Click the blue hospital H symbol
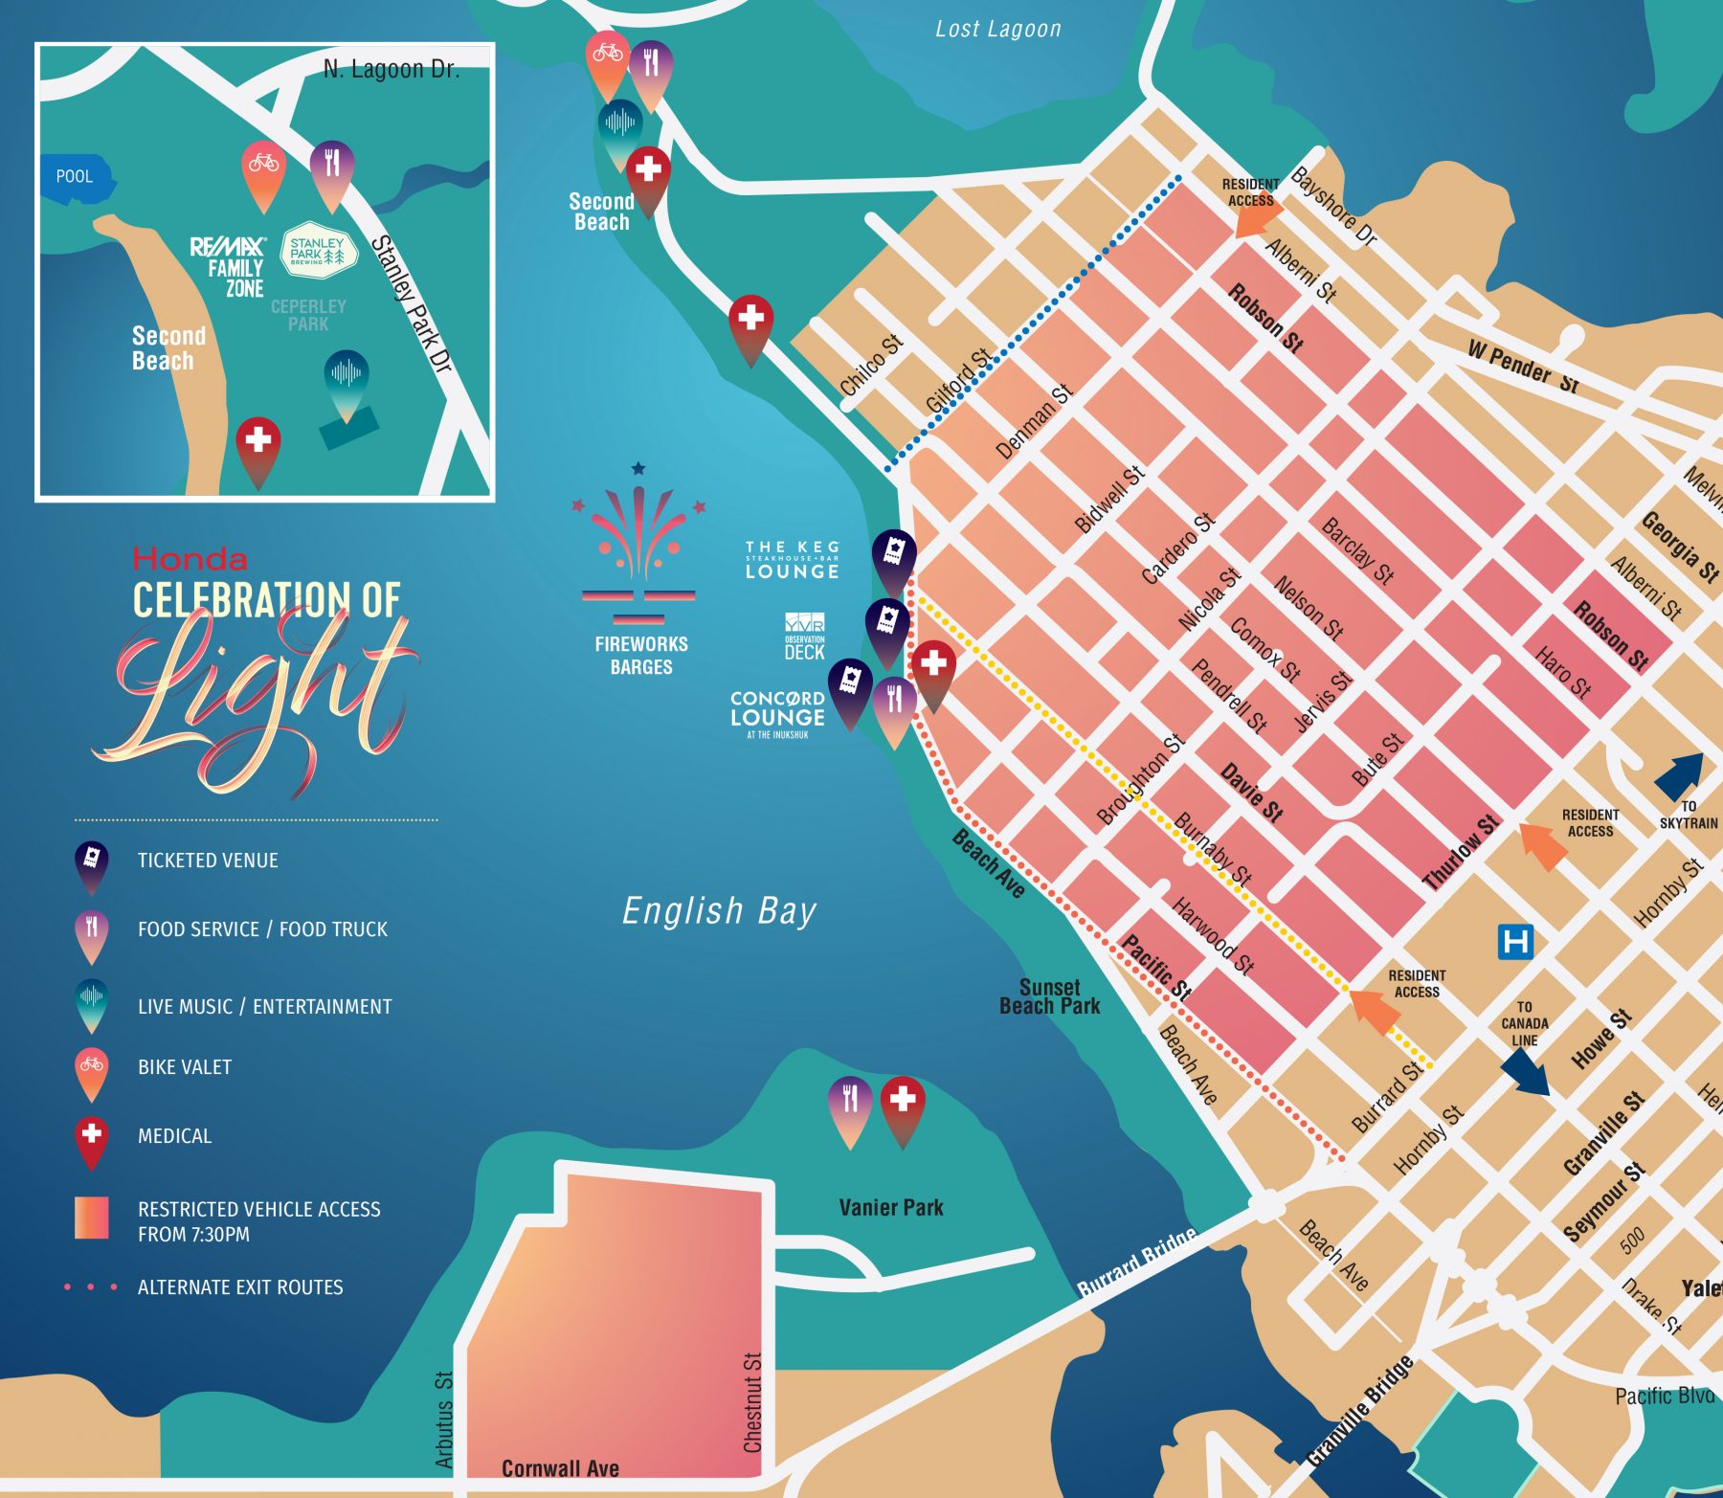click(1515, 942)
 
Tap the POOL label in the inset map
click(75, 177)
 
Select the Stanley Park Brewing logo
click(317, 252)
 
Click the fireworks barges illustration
click(638, 546)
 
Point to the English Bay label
click(719, 911)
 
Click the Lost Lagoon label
click(997, 30)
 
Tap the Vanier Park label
click(890, 1208)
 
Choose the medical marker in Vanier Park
click(902, 1103)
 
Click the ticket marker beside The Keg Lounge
click(893, 554)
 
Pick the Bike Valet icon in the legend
click(92, 1068)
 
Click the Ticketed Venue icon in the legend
click(91, 861)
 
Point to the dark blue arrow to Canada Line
click(1527, 1071)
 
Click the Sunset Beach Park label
click(1049, 996)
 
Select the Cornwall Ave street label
click(560, 1468)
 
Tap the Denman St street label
click(1034, 421)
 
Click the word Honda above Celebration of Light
click(190, 559)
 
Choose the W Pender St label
click(1522, 367)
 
